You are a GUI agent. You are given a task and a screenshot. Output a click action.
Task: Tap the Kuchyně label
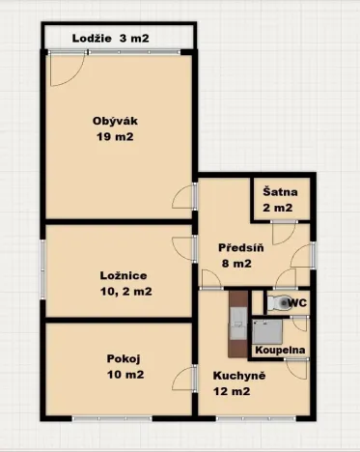click(233, 375)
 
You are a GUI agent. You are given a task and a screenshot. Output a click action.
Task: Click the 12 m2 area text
click(233, 391)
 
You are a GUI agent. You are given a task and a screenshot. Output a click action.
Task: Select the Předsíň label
click(236, 246)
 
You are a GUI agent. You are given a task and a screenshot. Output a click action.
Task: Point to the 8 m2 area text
click(236, 263)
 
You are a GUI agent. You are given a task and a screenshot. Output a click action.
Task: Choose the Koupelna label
click(280, 350)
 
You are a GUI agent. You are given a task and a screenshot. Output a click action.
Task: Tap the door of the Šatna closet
click(281, 232)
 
